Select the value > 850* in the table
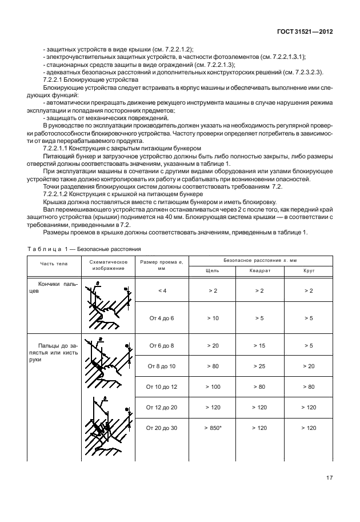tap(213, 427)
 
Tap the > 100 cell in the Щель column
tap(213, 386)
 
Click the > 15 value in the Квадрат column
tap(260, 345)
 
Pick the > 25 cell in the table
tap(260, 366)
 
